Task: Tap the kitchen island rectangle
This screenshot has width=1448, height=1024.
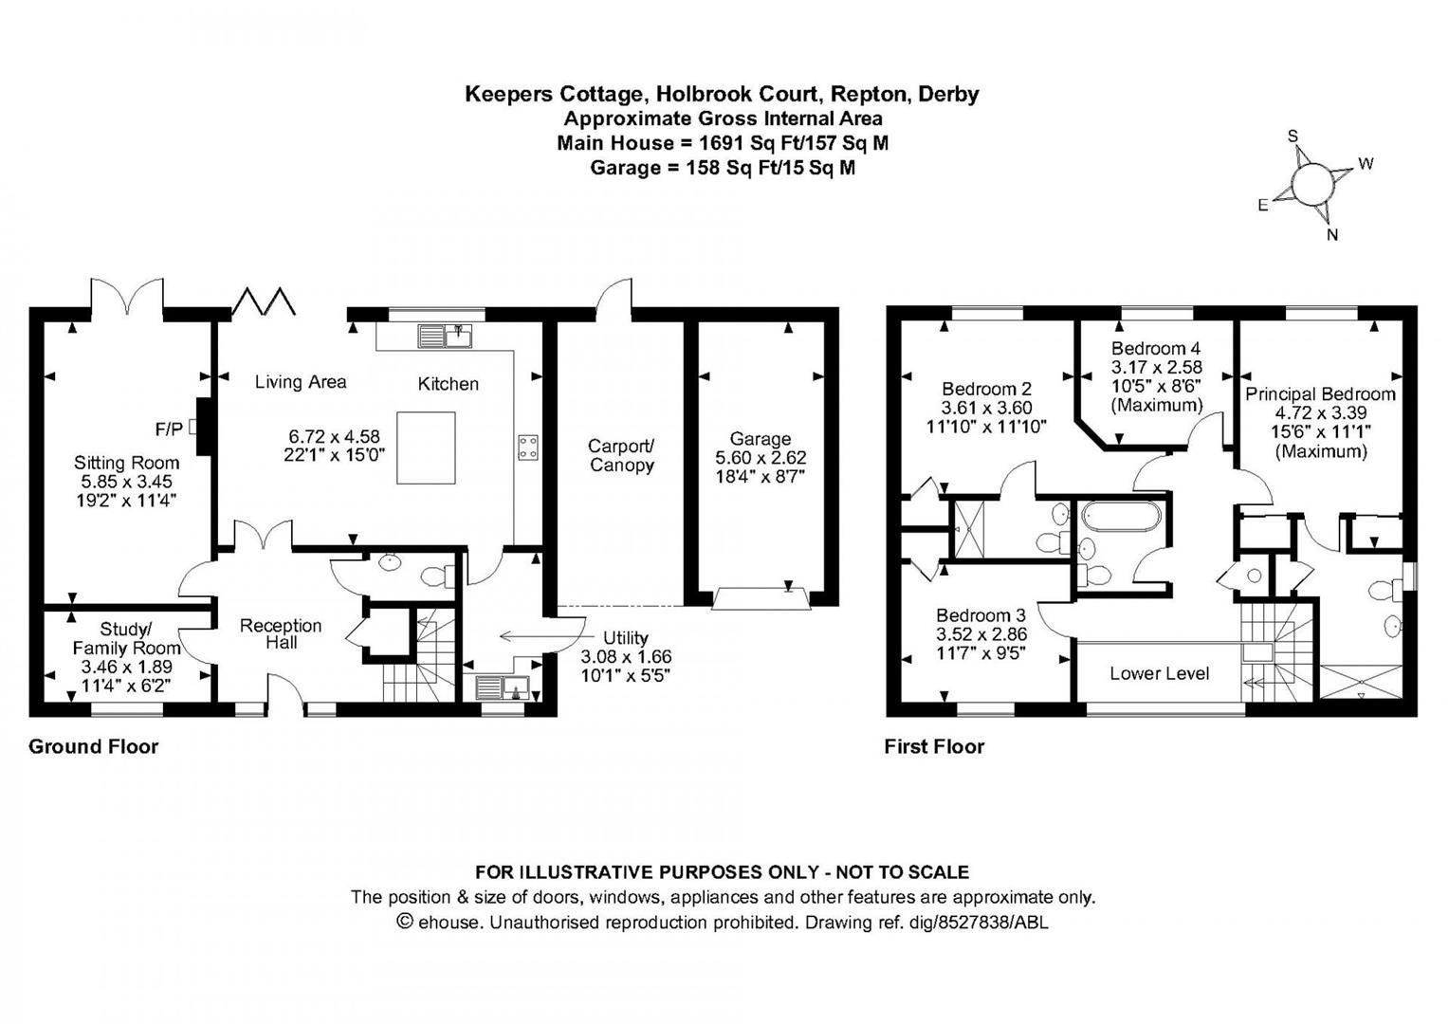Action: pyautogui.click(x=425, y=448)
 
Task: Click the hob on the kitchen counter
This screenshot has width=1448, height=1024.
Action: pyautogui.click(x=527, y=448)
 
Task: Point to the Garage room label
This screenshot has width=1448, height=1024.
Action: pyautogui.click(x=760, y=439)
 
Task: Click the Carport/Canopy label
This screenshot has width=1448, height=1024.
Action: pyautogui.click(x=621, y=455)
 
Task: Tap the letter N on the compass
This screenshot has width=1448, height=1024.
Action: pyautogui.click(x=1332, y=235)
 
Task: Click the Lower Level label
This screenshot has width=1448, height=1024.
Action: pyautogui.click(x=1159, y=674)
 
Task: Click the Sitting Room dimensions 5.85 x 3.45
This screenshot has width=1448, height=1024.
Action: pyautogui.click(x=126, y=482)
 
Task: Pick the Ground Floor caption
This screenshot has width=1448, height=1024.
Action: pyautogui.click(x=93, y=746)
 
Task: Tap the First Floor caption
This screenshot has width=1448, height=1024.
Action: pyautogui.click(x=934, y=747)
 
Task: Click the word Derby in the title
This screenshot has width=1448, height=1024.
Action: pyautogui.click(x=948, y=94)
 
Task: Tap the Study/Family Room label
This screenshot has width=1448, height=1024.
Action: pyautogui.click(x=126, y=638)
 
